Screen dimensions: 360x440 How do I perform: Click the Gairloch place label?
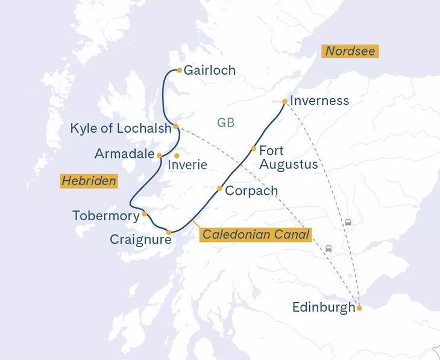coord(209,71)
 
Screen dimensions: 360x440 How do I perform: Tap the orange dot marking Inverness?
coord(284,101)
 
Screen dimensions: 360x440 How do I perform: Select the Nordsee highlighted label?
coord(350,51)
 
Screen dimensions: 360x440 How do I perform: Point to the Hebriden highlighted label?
coord(89,180)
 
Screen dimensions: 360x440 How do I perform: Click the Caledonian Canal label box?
coord(256,235)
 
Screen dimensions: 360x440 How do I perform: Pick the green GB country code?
coord(225,123)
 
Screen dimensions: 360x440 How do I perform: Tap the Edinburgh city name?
coord(324,308)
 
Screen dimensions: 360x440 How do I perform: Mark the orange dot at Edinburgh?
coord(359,308)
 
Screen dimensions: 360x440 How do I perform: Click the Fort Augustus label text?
coord(288,157)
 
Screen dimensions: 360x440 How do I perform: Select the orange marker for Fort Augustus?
coord(254,148)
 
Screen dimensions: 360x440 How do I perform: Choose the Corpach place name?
coord(251,191)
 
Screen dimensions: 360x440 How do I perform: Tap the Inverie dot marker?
coord(177,156)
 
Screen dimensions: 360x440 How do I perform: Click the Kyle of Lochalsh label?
coord(121,128)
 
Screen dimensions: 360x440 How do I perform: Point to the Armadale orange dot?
coord(159,155)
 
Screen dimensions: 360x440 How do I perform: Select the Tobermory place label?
coord(105,215)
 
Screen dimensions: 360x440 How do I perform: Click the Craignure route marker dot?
coord(169,232)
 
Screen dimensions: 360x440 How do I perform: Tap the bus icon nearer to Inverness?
coord(348,223)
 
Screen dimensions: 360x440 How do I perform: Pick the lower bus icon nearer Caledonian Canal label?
coord(328,248)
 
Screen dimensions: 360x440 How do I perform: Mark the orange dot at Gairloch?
coord(179,70)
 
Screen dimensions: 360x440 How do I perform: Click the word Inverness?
coord(319,101)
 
